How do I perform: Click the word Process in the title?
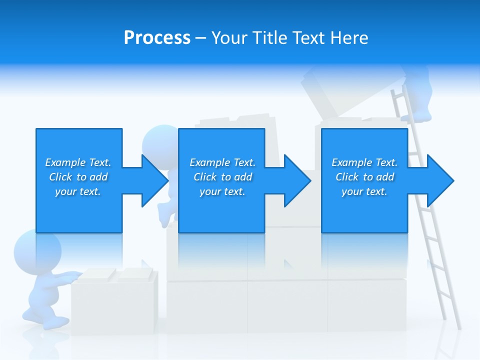[x=157, y=38]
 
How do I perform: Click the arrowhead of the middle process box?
[x=297, y=180]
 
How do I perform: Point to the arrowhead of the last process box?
[x=440, y=180]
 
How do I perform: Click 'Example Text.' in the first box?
[x=78, y=162]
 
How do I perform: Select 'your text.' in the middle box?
[x=222, y=191]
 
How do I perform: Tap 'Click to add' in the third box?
[x=364, y=177]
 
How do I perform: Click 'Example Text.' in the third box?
[x=364, y=162]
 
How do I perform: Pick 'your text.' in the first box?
[x=78, y=191]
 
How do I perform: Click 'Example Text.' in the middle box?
[x=222, y=162]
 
